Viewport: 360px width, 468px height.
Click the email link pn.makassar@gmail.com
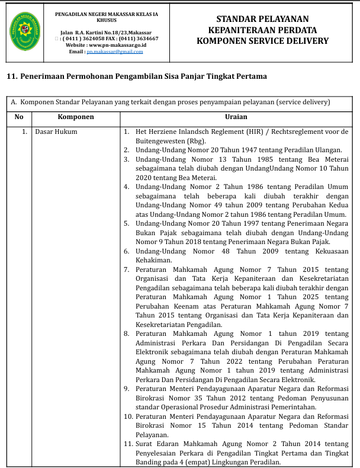pyautogui.click(x=115, y=52)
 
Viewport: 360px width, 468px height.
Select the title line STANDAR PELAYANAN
pyautogui.click(x=262, y=20)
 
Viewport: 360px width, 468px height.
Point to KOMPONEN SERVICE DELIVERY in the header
pyautogui.click(x=262, y=41)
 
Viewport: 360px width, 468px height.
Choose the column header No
pyautogui.click(x=19, y=117)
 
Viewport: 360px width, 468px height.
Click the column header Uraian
pyautogui.click(x=236, y=117)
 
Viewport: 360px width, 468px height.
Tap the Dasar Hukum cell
pyautogui.click(x=56, y=132)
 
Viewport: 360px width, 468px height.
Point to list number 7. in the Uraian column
pyautogui.click(x=127, y=269)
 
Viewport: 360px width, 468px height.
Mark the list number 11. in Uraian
pyautogui.click(x=128, y=444)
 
